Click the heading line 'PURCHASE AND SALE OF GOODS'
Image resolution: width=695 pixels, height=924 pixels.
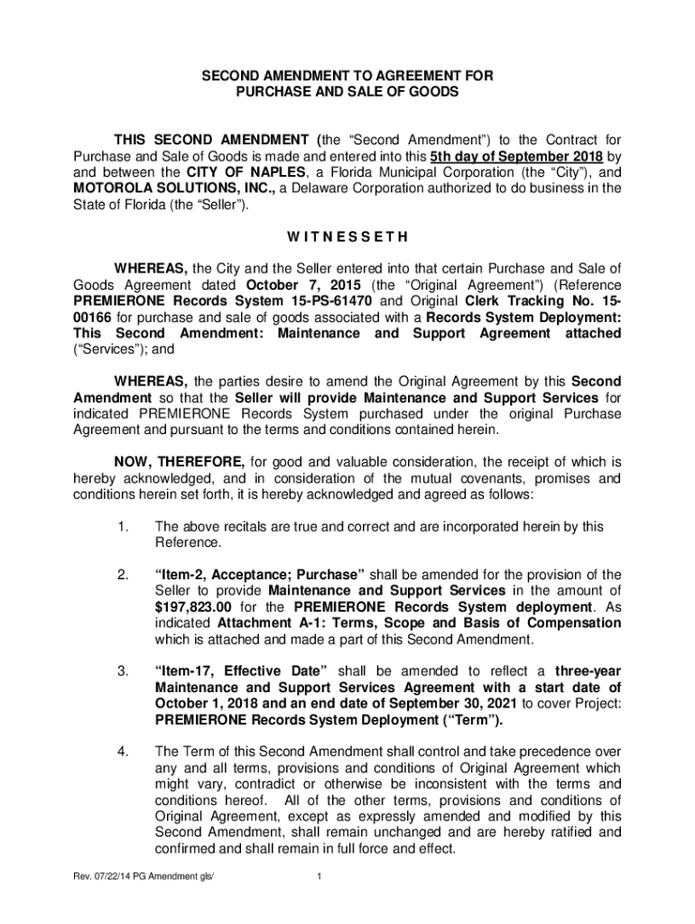click(x=347, y=92)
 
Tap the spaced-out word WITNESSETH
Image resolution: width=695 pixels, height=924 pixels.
click(x=347, y=237)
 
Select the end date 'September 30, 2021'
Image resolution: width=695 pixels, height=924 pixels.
click(x=452, y=703)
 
